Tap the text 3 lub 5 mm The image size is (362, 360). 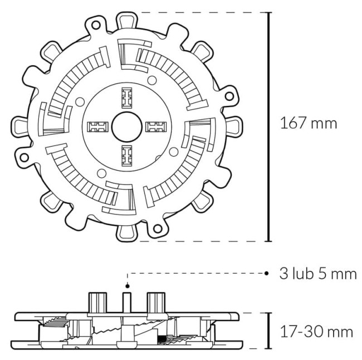point(317,274)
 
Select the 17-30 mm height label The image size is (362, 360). point(316,332)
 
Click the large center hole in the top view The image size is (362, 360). point(126,127)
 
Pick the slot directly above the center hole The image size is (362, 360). point(127,99)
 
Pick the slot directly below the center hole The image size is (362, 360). point(127,156)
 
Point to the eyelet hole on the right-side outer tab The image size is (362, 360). point(228,96)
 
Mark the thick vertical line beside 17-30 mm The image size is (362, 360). point(270,332)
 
